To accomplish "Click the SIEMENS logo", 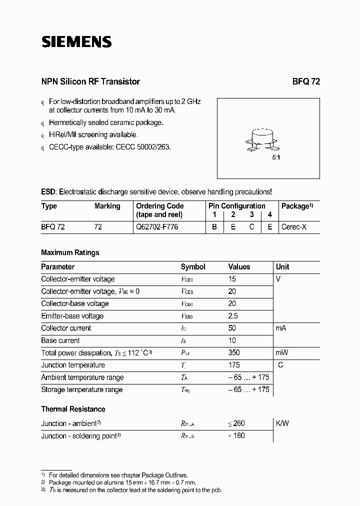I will (x=76, y=42).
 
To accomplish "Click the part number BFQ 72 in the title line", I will (x=306, y=81).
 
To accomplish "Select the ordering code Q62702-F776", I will (x=157, y=226).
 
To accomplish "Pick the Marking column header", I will (x=107, y=206).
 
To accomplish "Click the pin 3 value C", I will (x=252, y=226).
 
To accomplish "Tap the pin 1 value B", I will (x=214, y=226).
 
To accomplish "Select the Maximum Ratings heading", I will (x=70, y=252).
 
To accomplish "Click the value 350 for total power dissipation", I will (x=234, y=352).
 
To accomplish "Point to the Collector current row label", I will (x=66, y=328).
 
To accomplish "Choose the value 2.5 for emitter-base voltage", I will (x=233, y=316).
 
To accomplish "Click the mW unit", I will (x=282, y=352).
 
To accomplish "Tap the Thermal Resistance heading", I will (x=73, y=409).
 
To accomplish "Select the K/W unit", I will (x=282, y=423).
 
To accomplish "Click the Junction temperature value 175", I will (x=234, y=365).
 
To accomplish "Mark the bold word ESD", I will (x=48, y=191).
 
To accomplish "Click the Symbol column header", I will (x=193, y=267).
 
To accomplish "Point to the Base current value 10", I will (x=232, y=340).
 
